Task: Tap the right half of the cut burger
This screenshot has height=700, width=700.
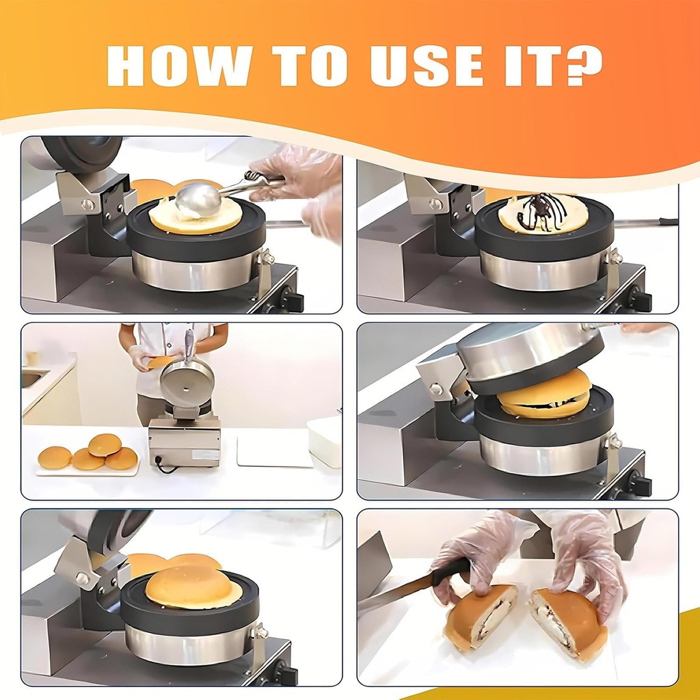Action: (x=568, y=622)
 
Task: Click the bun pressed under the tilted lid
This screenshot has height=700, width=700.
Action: (x=544, y=394)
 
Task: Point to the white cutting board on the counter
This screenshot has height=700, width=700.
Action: (x=274, y=451)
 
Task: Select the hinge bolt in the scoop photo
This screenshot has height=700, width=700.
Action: (x=87, y=204)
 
